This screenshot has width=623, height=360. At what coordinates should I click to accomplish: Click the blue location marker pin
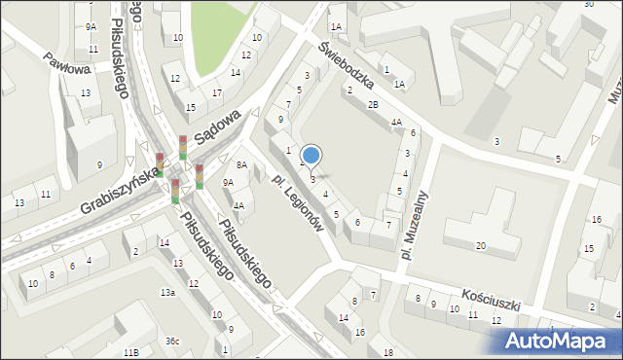[x=311, y=156]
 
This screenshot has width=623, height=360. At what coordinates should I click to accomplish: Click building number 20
[x=480, y=245]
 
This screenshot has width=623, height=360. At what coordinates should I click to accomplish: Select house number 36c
[x=172, y=341]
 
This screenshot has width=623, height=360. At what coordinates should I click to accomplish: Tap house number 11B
[x=130, y=351]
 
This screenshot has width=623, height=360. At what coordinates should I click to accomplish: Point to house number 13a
[x=168, y=293]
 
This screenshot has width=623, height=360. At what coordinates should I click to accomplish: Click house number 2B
[x=373, y=104]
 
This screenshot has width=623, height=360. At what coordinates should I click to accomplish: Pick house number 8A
[x=242, y=165]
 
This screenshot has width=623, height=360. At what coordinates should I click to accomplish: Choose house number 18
[x=387, y=351]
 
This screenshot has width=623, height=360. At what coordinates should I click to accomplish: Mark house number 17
[x=218, y=92]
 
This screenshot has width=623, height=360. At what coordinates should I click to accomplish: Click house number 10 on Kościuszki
[x=454, y=308]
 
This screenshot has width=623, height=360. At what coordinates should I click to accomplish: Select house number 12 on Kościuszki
[x=495, y=320]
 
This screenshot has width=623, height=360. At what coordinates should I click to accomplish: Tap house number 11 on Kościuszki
[x=473, y=314]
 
